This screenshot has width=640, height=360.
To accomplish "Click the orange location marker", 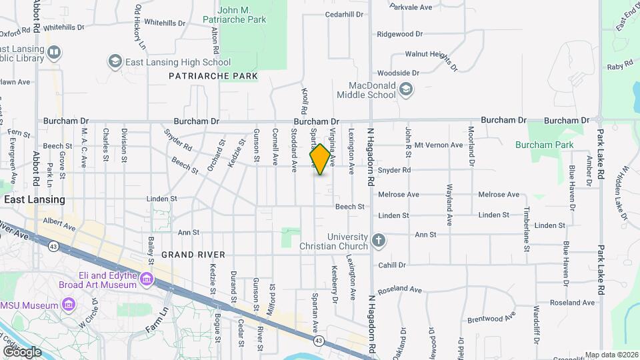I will coord(321,159).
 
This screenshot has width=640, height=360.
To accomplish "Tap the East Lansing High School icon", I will coord(115,62).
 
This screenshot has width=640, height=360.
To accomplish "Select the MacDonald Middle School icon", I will coord(406,89).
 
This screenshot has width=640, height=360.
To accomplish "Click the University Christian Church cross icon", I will coord(379,241).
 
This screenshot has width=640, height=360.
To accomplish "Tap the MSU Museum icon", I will coord(69,305).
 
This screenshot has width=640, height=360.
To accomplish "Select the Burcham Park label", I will coord(544,144).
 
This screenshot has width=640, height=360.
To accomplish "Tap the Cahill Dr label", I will coord(392,265).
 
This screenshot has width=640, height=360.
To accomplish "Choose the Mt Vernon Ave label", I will coord(439,145).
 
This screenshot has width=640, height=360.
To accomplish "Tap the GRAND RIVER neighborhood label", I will coord(193,255).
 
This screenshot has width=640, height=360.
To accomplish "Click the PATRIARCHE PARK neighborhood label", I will coord(213,77).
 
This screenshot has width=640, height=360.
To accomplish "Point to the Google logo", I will coord(21,351).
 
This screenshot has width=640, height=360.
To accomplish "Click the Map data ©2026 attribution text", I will coord(611,355).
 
